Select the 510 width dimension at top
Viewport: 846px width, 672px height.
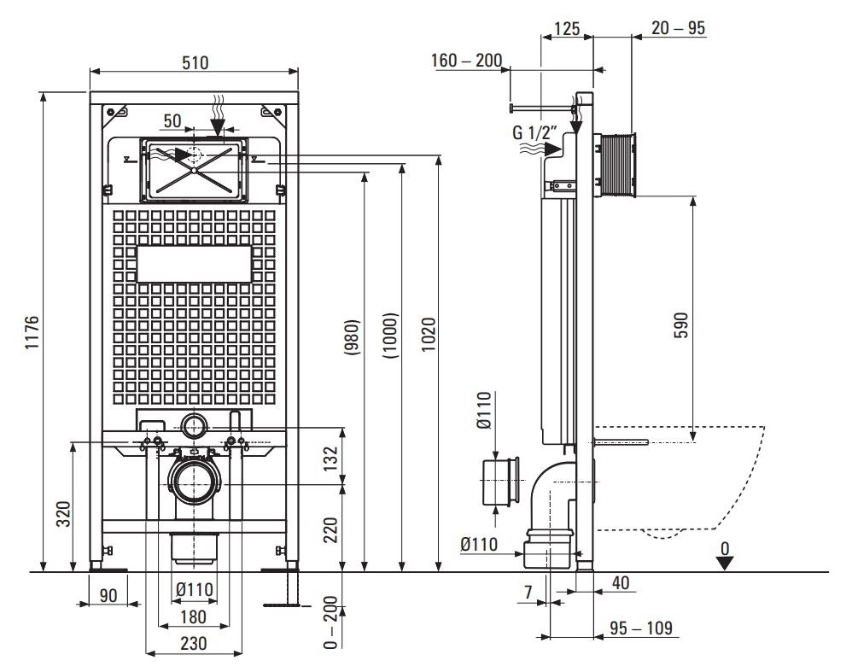point(195,62)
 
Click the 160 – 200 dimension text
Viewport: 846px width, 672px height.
point(467,62)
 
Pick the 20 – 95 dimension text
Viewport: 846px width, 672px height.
point(678,28)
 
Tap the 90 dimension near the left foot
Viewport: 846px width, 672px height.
point(108,594)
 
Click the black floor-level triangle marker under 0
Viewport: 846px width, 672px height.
point(725,563)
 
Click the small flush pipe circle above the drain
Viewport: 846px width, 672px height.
point(195,424)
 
